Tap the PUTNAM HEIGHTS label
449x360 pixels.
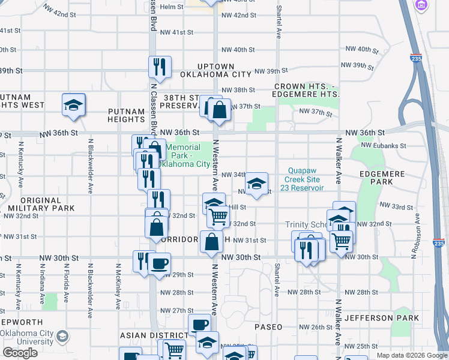pyautogui.click(x=127, y=115)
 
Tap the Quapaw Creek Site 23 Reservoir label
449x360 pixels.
pyautogui.click(x=306, y=179)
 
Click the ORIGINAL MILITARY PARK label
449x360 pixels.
pyautogui.click(x=41, y=204)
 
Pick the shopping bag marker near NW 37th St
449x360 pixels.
pyautogui.click(x=219, y=110)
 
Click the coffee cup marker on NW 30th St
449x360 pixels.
pyautogui.click(x=159, y=263)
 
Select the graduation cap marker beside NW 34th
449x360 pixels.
pyautogui.click(x=256, y=184)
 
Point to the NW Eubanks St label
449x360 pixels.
pyautogui.click(x=384, y=146)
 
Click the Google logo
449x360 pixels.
pyautogui.click(x=20, y=353)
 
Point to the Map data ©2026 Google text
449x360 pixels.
pyautogui.click(x=412, y=355)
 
